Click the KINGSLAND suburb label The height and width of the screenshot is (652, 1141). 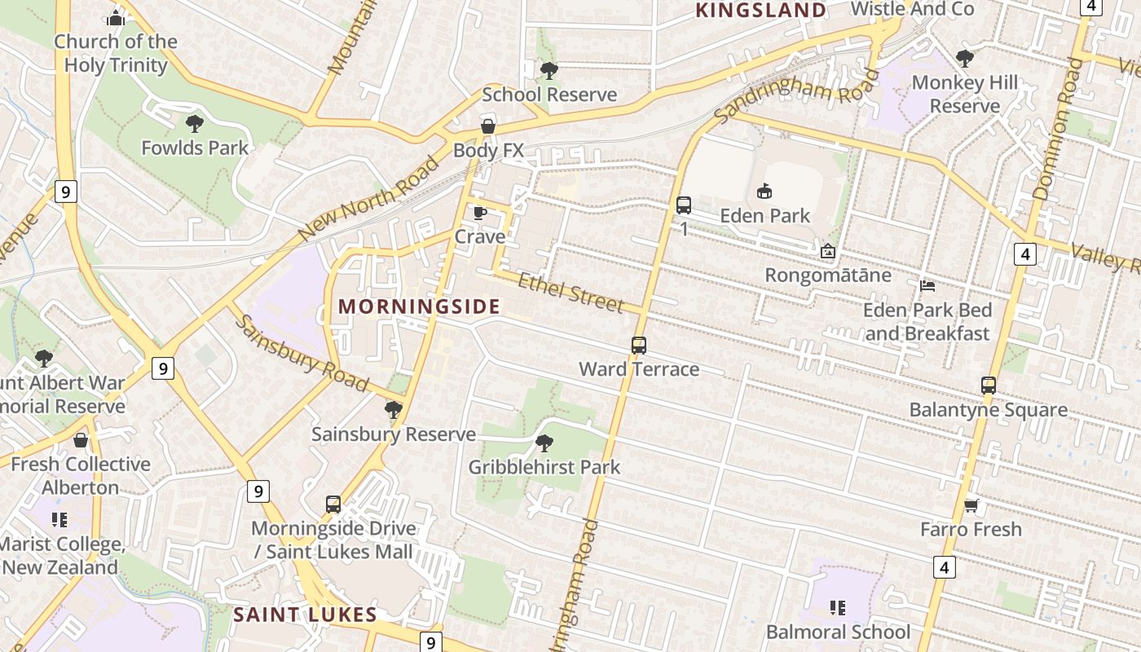coord(760,11)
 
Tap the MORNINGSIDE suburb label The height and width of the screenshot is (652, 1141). coord(419,306)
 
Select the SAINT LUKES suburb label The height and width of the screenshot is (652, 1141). coord(305,615)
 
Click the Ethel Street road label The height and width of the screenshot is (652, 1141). coord(570,293)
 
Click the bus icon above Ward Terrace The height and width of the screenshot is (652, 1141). coord(639,346)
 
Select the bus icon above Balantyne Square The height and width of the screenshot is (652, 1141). coord(989,385)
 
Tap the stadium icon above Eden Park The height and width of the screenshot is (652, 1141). coord(764,192)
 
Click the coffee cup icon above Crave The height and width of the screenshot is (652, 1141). coord(480,214)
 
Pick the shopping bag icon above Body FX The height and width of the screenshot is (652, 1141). coord(487,126)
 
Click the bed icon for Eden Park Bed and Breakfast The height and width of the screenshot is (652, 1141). coord(927,286)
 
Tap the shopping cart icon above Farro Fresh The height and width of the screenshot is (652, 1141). coord(971,505)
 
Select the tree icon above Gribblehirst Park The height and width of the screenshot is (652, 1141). coord(544,443)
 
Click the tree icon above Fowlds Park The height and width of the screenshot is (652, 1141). coord(194,124)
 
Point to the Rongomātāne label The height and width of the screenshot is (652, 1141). coord(827,275)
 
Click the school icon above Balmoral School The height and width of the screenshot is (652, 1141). coord(837,608)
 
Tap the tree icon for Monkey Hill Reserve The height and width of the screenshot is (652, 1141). coord(965,59)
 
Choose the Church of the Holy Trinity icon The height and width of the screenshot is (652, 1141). coord(116,17)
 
